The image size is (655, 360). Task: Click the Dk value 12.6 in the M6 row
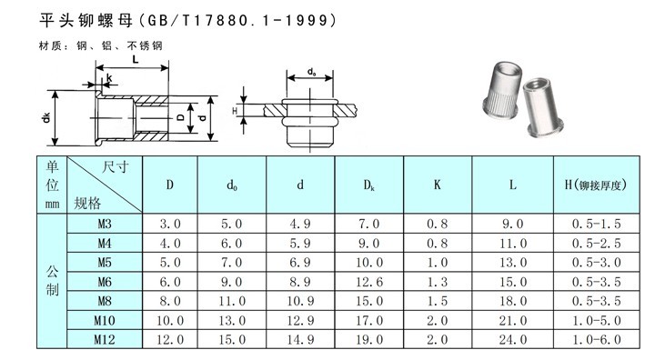[369, 282]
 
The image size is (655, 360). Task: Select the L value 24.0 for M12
[513, 339]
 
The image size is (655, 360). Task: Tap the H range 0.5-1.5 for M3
[597, 224]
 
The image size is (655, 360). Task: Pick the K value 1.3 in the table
[438, 282]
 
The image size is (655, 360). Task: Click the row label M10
[105, 320]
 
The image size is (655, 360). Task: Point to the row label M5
[105, 263]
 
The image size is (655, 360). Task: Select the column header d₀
[232, 185]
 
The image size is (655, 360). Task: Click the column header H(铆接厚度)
[596, 185]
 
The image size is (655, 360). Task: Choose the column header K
[438, 185]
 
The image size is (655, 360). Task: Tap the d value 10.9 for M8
[300, 301]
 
